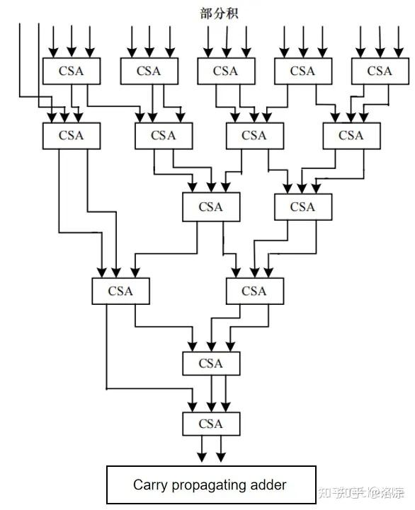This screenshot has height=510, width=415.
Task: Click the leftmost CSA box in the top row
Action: point(72,71)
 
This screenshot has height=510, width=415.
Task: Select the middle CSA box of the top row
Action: point(225,71)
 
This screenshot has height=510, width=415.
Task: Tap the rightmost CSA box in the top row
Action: point(380,71)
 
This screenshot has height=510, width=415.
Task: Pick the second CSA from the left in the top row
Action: point(149,71)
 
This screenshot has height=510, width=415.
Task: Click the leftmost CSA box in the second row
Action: point(72,135)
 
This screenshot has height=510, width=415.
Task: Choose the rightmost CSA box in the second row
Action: point(351,135)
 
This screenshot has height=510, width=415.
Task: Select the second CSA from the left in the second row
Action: point(163,135)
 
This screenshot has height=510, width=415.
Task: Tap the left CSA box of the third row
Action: point(211,207)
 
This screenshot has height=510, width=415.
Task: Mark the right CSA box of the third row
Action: point(302,207)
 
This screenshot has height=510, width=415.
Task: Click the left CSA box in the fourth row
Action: point(121,291)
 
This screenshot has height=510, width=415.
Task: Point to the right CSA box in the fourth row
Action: point(254,291)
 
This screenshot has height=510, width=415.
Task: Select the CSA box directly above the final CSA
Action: point(211,363)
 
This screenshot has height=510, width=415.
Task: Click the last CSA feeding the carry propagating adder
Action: point(211,424)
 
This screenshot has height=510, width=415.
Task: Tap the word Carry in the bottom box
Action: point(149,485)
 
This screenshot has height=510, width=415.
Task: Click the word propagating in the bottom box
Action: point(212,486)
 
